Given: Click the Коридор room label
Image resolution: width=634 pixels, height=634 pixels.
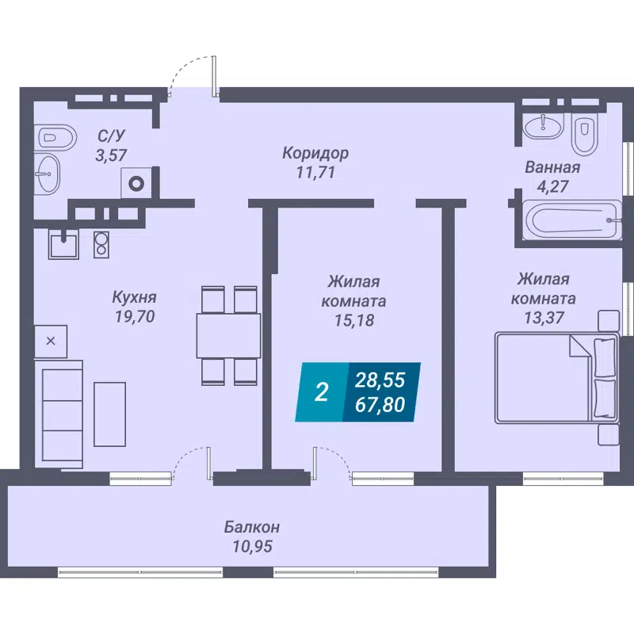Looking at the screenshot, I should pyautogui.click(x=315, y=152).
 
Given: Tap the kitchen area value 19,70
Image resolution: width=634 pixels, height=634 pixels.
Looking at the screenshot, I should pyautogui.click(x=133, y=318).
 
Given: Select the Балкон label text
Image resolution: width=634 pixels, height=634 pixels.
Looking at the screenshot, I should pyautogui.click(x=251, y=527).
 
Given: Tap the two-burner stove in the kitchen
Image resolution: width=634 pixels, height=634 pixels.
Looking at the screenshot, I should pyautogui.click(x=101, y=243).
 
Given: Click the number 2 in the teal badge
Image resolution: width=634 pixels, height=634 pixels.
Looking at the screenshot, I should pyautogui.click(x=321, y=392).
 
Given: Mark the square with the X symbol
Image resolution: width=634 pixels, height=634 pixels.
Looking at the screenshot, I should pyautogui.click(x=51, y=341).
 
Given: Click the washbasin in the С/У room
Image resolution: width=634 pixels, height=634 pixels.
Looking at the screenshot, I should pyautogui.click(x=48, y=173).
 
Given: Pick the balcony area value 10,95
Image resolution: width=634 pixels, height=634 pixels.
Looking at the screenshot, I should pyautogui.click(x=251, y=546).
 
